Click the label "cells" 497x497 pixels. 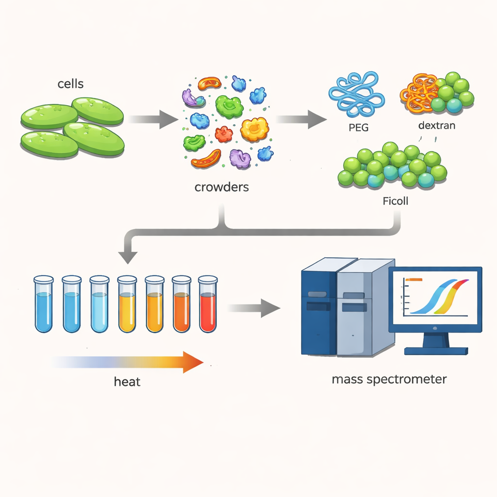tap(70, 84)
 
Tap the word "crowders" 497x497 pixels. tap(221, 187)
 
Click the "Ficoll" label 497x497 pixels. tap(395, 200)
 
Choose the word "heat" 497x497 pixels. tap(127, 381)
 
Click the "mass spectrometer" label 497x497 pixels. tap(389, 379)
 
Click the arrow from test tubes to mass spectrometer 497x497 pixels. tap(254, 308)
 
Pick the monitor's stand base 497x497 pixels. tap(436, 350)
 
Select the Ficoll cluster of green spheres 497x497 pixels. tap(392, 166)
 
